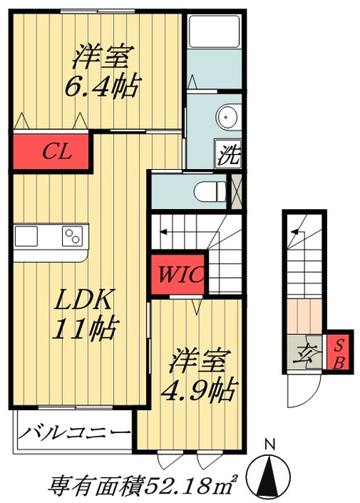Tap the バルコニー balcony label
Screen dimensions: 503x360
[x=75, y=432]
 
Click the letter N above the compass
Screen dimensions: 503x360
[x=270, y=446]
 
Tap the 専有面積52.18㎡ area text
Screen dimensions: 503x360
[x=149, y=483]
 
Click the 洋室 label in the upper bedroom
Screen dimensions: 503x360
[x=101, y=57]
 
